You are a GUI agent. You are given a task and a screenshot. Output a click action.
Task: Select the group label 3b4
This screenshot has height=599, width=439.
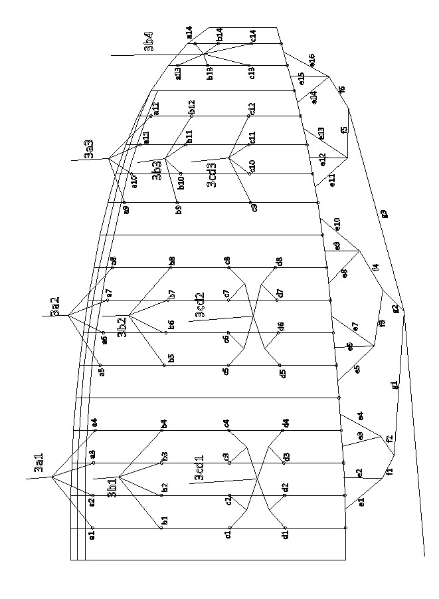149,41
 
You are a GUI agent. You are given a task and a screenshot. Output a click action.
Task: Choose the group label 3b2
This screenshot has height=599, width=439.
122,327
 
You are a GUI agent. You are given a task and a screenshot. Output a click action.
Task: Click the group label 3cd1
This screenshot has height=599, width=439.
199,468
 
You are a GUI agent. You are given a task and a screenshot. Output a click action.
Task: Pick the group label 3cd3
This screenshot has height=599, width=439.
211,175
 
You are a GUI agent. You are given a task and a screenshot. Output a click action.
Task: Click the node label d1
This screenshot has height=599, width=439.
285,534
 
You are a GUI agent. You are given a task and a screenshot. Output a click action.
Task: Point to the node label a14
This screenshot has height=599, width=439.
189,31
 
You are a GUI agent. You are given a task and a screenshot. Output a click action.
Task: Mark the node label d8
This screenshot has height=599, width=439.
280,261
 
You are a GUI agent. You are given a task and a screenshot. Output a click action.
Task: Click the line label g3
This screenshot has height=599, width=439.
383,214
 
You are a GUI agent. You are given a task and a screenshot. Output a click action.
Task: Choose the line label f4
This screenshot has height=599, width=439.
376,267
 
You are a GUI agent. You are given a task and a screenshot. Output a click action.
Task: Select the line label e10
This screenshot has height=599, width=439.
337,223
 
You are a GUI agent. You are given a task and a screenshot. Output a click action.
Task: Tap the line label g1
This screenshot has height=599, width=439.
395,385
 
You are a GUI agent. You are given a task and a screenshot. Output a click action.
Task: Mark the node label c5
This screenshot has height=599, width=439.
226,371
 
